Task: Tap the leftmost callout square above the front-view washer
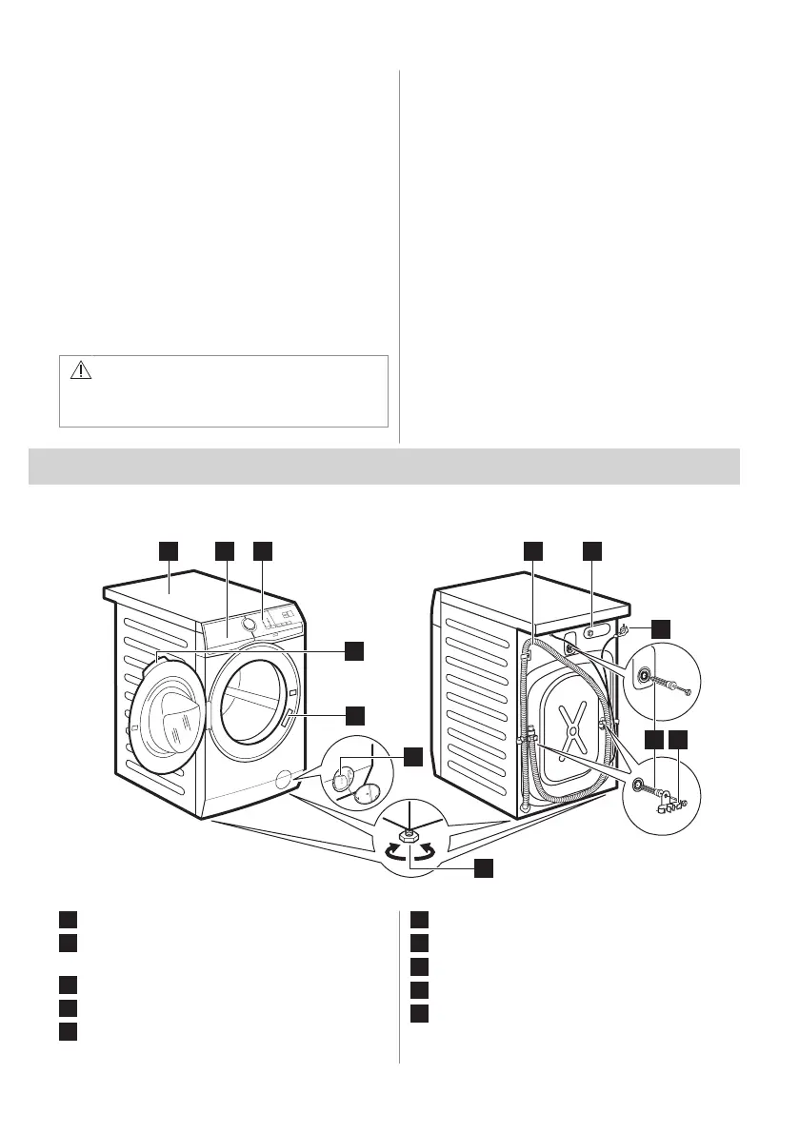(168, 550)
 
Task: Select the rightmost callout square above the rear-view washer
(592, 550)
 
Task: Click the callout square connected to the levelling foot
(484, 867)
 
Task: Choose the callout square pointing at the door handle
(353, 714)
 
